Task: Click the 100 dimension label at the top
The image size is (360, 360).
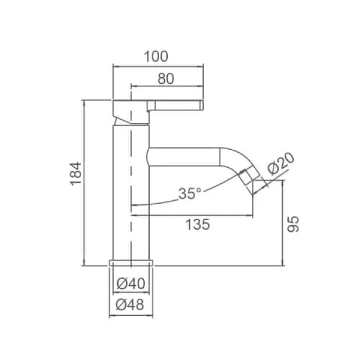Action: point(156,56)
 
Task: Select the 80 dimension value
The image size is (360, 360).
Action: point(165,79)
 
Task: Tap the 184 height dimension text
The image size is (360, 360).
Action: point(75,174)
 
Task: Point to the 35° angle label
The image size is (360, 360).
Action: point(190,193)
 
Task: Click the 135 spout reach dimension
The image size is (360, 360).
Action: point(197,224)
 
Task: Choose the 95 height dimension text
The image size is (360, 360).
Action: point(293,224)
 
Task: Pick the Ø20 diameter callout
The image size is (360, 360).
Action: point(280,164)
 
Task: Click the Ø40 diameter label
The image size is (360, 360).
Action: point(131,283)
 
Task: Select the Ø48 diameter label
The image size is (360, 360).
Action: point(130,305)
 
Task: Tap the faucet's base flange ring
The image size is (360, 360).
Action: point(131,263)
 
